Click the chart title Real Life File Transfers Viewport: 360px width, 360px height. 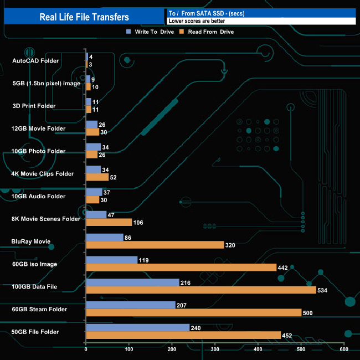(84, 17)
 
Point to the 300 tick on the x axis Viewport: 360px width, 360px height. (215, 349)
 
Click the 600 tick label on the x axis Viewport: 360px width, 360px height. (343, 349)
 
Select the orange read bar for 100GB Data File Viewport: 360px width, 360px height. (200, 290)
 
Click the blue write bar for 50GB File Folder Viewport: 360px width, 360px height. (137, 327)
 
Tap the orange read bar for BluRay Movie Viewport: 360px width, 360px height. (155, 245)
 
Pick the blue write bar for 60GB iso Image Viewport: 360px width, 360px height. (111, 260)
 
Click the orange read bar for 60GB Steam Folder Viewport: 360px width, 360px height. (193, 313)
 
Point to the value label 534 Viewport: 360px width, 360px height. (323, 290)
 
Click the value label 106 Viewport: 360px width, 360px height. (140, 223)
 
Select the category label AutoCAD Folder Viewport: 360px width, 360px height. (35, 60)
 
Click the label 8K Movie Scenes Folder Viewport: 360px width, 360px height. (46, 219)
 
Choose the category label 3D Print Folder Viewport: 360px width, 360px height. (34, 106)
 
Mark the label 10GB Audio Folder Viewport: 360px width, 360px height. (38, 196)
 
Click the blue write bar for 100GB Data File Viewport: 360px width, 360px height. (132, 282)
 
